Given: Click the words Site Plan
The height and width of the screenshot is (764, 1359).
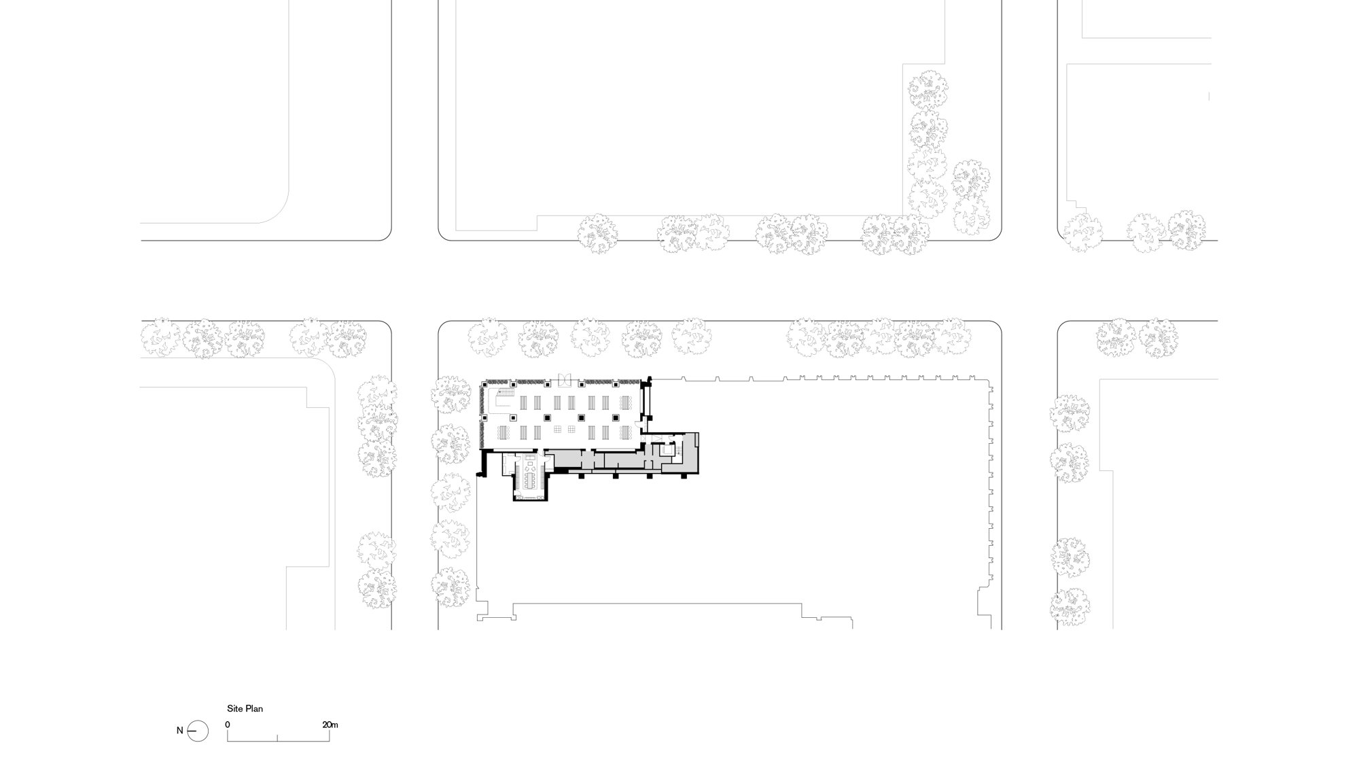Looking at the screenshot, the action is click(x=245, y=708).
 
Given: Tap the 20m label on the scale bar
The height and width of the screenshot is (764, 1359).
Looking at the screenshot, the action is click(x=330, y=725).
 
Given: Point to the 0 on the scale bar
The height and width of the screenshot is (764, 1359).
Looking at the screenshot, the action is click(x=228, y=725).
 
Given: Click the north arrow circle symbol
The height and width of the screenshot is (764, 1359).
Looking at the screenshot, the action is click(x=198, y=731).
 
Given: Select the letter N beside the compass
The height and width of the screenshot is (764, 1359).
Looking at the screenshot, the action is click(x=180, y=731).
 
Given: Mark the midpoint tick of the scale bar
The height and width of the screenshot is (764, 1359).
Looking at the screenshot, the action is click(x=277, y=737).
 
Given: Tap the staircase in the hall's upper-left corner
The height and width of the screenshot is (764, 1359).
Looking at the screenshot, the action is click(x=506, y=392).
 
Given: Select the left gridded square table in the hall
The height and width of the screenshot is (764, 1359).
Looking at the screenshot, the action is click(x=557, y=429).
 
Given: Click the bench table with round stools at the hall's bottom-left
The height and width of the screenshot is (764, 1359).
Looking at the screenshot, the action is click(x=504, y=432).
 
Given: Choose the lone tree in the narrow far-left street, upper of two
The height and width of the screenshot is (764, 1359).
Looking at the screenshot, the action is click(x=377, y=550).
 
